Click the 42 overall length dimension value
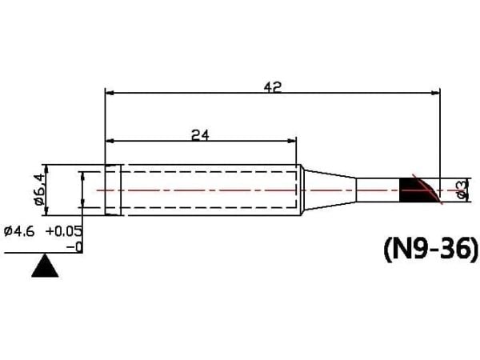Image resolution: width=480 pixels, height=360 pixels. (272, 87)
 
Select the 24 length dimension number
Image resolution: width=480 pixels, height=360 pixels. (200, 135)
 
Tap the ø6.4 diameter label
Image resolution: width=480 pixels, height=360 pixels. (40, 189)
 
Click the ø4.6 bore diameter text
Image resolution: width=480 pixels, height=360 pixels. (19, 231)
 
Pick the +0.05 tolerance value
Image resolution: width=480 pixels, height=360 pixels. (64, 231)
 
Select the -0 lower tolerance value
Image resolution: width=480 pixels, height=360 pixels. (74, 247)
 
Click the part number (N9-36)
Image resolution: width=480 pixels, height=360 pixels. (430, 250)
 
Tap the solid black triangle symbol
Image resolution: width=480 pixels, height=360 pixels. (45, 266)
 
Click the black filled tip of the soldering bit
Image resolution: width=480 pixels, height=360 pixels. (416, 190)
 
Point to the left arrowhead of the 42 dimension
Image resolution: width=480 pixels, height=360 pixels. (110, 93)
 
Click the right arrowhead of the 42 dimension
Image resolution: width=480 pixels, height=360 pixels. (435, 93)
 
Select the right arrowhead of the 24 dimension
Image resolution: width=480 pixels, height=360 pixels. (292, 141)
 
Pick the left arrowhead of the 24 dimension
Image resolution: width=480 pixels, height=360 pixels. (110, 141)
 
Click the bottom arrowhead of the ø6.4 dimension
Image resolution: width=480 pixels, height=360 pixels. (46, 211)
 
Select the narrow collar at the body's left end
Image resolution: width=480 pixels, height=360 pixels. (113, 190)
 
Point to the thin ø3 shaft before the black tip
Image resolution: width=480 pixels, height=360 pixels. (378, 190)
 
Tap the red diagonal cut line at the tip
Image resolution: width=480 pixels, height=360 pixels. (428, 189)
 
